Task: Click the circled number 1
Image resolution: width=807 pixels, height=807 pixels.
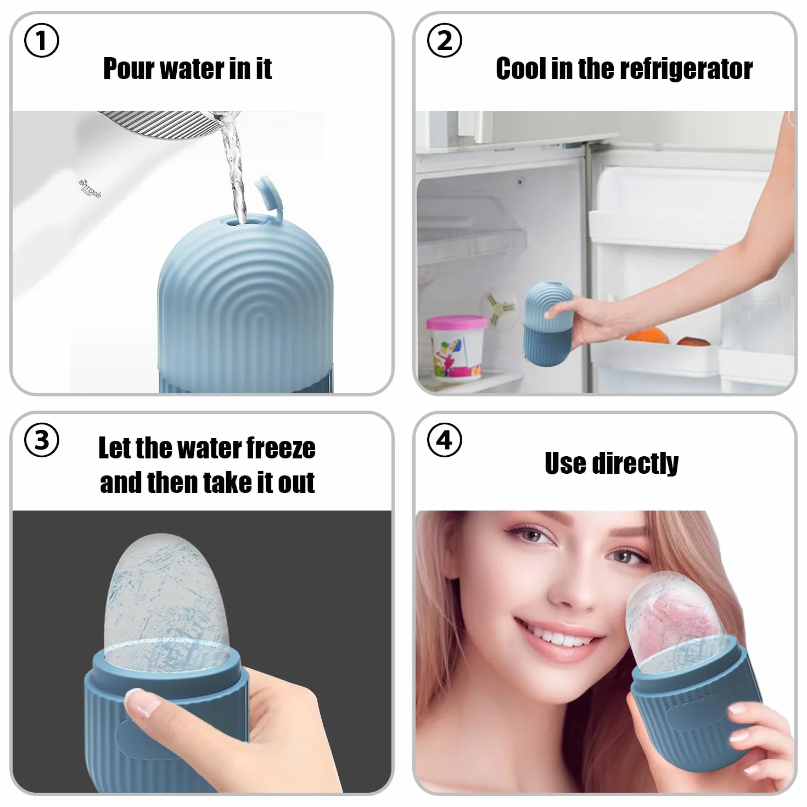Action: [42, 40]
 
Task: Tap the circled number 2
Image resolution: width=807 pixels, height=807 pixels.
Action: [444, 40]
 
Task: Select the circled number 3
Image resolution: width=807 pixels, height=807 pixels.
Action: [42, 440]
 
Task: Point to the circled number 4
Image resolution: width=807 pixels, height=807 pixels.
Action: [444, 440]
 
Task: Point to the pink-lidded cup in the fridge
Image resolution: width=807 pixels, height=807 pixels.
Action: [456, 347]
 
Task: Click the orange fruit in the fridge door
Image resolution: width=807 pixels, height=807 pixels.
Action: [647, 336]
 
